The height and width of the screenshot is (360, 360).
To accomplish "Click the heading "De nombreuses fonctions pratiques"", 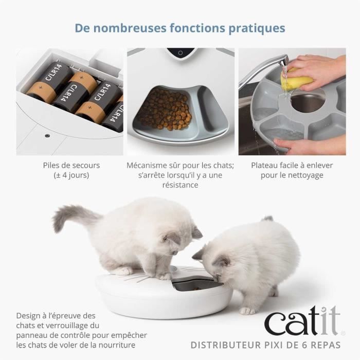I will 179,28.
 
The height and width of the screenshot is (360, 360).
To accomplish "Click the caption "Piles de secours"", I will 71,166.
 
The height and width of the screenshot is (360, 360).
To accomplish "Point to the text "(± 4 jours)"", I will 71,175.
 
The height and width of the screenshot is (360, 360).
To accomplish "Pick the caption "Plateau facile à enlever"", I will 292,166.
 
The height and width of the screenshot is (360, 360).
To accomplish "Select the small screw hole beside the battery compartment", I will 47,136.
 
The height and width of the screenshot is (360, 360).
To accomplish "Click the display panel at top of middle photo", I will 181,52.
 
